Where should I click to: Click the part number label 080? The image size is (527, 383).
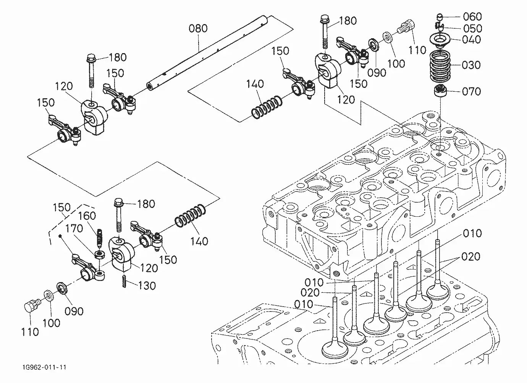click(x=198, y=28)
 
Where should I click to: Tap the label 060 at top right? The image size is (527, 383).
click(x=472, y=17)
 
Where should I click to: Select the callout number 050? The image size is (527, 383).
click(x=473, y=29)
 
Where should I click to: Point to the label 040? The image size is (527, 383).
click(x=472, y=40)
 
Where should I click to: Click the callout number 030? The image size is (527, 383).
click(x=471, y=65)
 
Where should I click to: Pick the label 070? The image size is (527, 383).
click(x=472, y=91)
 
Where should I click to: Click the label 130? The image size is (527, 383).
click(x=147, y=286)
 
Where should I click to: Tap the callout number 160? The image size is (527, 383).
click(x=87, y=216)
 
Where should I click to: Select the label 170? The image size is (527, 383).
click(x=74, y=229)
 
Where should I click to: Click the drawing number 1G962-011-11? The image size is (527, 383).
click(x=44, y=367)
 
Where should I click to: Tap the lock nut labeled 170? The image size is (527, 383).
click(x=100, y=255)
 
